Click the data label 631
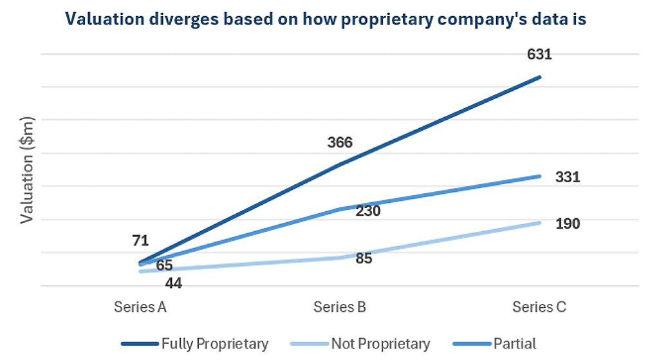click(539, 55)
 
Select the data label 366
click(340, 142)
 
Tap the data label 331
click(568, 176)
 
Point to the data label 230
click(367, 211)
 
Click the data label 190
click(568, 224)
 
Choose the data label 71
click(141, 241)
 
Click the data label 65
click(164, 265)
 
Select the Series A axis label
click(141, 307)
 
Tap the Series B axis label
click(340, 307)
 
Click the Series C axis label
click(539, 307)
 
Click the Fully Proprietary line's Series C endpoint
click(539, 77)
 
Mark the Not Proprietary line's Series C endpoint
click(539, 223)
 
